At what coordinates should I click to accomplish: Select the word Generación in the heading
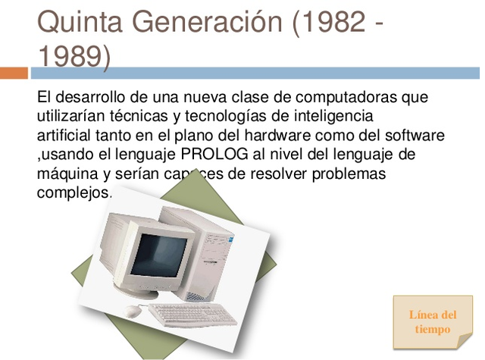(205, 23)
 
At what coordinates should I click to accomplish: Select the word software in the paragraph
(410, 136)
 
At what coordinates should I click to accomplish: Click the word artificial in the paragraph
(65, 136)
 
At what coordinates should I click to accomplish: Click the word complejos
(73, 193)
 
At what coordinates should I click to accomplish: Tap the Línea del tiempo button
(433, 321)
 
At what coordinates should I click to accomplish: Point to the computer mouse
(133, 310)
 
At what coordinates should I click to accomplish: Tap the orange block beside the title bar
(14, 74)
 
